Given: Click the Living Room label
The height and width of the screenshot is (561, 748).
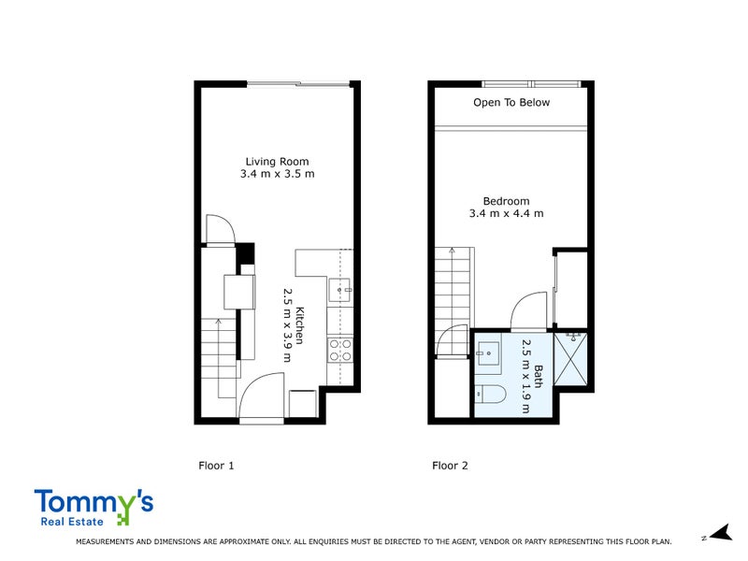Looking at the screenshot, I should point(277,161).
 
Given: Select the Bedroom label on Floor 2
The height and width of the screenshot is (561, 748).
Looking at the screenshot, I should point(506,201).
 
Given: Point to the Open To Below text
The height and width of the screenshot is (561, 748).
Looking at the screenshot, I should point(511,103).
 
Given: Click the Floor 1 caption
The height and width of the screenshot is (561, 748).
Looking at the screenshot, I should point(216,465).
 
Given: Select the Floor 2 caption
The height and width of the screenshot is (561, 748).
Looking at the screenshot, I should point(450,465).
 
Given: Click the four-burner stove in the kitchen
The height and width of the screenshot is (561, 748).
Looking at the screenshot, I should point(339,350).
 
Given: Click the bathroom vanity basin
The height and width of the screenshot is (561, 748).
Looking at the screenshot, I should point(486,352).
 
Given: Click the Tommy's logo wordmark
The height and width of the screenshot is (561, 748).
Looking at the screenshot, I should point(93,505).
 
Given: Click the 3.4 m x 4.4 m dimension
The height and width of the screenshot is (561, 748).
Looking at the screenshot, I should point(506,214).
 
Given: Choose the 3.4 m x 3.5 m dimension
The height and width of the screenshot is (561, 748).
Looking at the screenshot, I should point(277,174).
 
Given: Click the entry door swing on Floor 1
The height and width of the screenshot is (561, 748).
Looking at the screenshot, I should point(262,396).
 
